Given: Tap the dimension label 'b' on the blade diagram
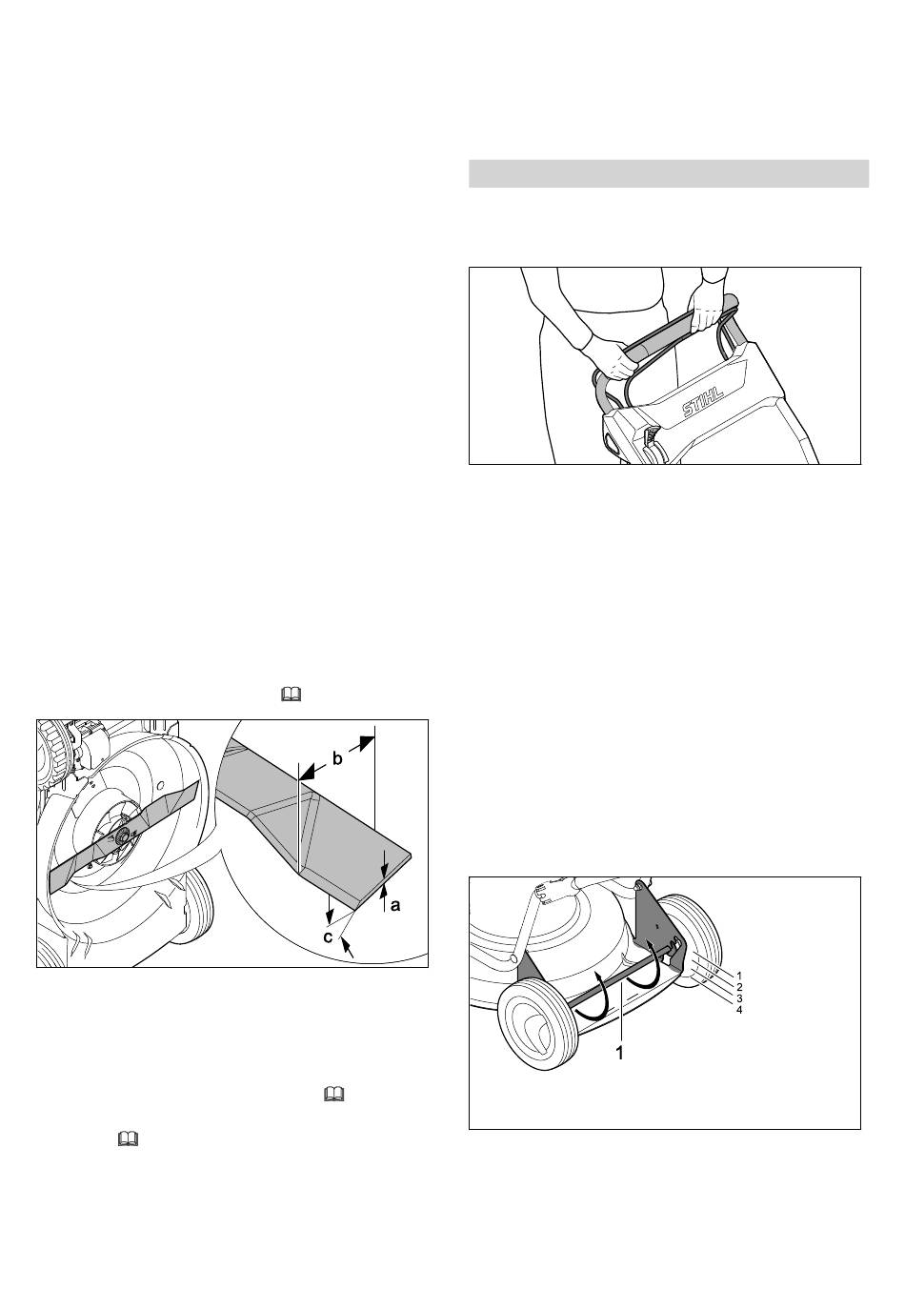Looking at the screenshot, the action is [x=337, y=759].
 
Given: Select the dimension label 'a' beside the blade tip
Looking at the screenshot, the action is [x=395, y=905].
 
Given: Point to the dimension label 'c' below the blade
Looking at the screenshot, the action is [x=329, y=937].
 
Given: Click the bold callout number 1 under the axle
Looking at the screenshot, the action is [x=620, y=1054].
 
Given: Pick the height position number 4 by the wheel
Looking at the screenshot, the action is [x=739, y=1010].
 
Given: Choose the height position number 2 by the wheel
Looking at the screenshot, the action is [x=739, y=987].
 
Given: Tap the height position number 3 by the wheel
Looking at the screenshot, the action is [x=739, y=998].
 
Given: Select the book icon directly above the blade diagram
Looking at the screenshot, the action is [x=291, y=695].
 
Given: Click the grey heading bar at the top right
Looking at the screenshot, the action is [x=669, y=173].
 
